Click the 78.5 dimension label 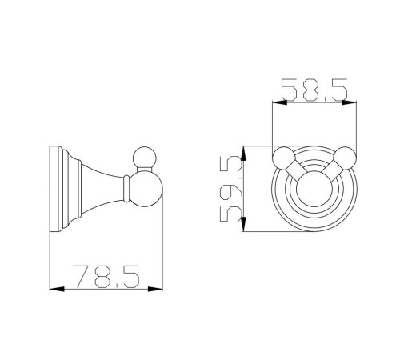(x=106, y=277)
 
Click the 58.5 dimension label (x=314, y=90)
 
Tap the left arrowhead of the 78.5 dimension (x=57, y=289)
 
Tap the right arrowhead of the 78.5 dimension (x=155, y=289)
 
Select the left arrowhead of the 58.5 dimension (x=279, y=102)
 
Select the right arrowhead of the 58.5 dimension (x=349, y=102)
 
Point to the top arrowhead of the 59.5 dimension (x=243, y=153)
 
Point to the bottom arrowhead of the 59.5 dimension (x=243, y=224)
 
